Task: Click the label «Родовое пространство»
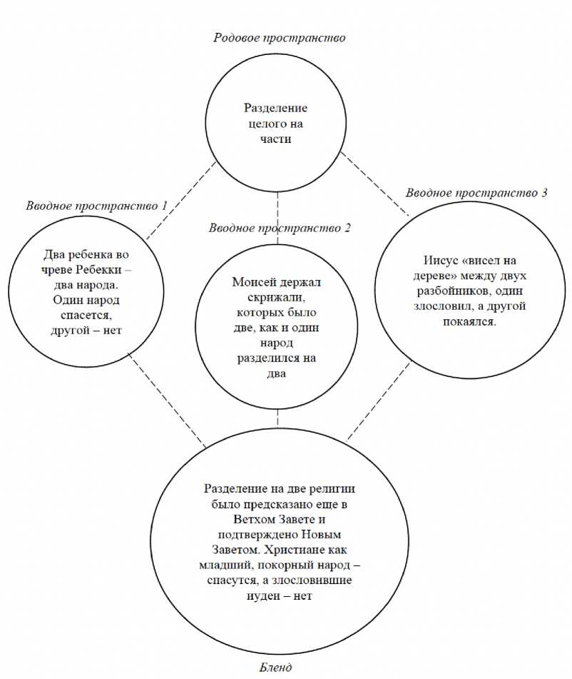click(x=280, y=37)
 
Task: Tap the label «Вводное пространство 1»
click(x=96, y=206)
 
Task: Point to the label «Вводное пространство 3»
click(x=476, y=193)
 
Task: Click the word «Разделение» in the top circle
click(x=276, y=109)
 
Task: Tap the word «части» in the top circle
click(x=276, y=139)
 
